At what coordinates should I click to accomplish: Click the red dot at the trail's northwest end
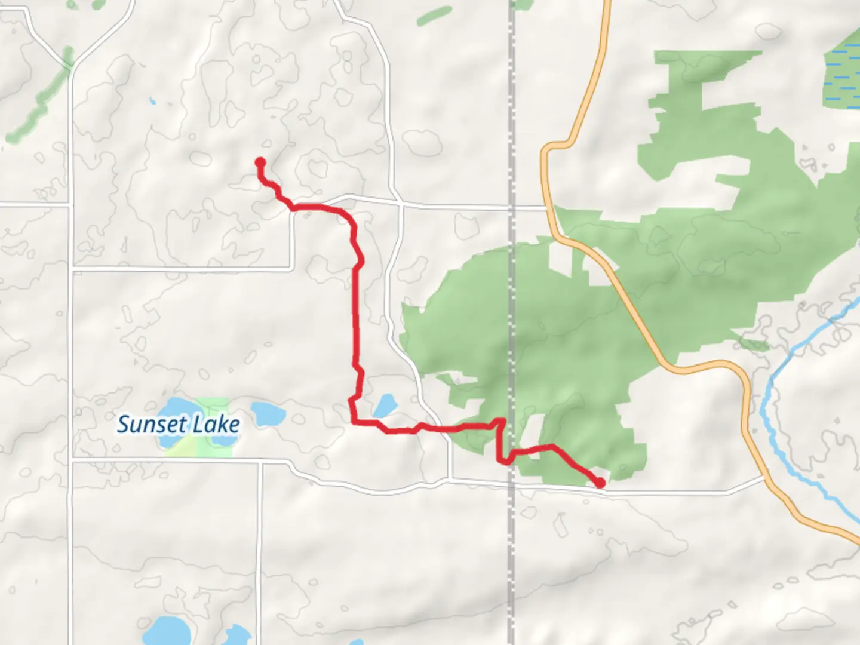(x=260, y=162)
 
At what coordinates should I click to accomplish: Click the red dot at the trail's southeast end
(x=600, y=483)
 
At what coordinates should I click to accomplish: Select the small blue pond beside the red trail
(x=385, y=406)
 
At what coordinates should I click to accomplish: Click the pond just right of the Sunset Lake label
(x=268, y=412)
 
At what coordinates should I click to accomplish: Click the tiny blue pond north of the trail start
(x=153, y=101)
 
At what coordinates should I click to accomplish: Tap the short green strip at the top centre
(x=434, y=16)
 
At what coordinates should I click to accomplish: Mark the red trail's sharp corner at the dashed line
(x=502, y=422)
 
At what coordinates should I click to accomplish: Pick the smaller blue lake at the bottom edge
(x=237, y=634)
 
